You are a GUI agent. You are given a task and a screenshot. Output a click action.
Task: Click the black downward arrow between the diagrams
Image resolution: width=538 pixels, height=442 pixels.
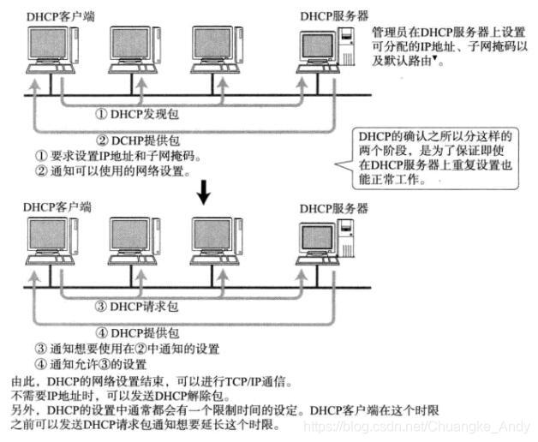click(203, 193)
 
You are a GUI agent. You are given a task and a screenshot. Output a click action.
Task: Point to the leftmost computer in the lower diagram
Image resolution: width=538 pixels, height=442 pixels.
click(51, 244)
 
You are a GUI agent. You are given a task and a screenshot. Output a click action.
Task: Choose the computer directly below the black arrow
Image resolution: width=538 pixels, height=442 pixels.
click(214, 244)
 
